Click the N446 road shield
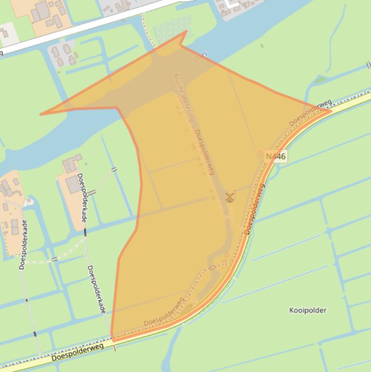276,156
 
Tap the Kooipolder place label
308,310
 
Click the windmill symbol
230,197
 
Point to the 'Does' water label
200,57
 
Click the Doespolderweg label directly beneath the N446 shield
255,209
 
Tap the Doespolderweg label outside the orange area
77,352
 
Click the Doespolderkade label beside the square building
82,198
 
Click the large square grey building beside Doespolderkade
73,185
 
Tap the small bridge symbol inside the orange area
212,267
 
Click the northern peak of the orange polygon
186,31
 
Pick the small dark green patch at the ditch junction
321,80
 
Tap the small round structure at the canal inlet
30,200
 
